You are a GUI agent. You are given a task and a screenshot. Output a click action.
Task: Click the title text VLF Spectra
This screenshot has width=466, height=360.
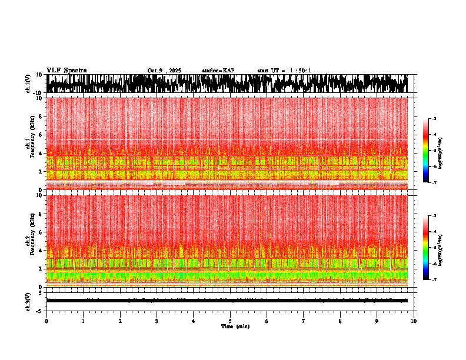66,70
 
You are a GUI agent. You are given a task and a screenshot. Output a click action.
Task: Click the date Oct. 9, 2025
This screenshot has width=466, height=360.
164,71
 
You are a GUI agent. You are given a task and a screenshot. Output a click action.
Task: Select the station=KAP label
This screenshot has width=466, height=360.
218,71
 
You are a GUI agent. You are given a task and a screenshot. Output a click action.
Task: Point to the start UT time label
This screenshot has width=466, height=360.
284,71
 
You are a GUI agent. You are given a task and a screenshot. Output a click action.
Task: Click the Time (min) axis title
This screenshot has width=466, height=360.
235,326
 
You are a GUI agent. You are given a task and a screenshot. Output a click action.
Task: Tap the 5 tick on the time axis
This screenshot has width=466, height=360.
230,321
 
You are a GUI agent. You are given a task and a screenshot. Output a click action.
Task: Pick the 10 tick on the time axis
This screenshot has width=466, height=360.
414,321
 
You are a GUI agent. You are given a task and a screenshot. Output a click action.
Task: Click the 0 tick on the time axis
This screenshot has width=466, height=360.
46,321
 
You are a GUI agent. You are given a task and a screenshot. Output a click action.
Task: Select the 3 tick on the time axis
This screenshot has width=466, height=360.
157,321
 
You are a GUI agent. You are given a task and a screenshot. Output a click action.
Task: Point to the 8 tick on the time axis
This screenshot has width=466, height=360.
340,321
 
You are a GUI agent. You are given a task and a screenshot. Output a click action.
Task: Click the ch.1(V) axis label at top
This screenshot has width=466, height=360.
29,84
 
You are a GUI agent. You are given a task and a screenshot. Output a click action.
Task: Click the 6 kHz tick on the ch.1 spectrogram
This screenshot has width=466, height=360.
42,135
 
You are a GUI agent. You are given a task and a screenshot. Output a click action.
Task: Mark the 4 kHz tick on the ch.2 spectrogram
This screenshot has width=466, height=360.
42,250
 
